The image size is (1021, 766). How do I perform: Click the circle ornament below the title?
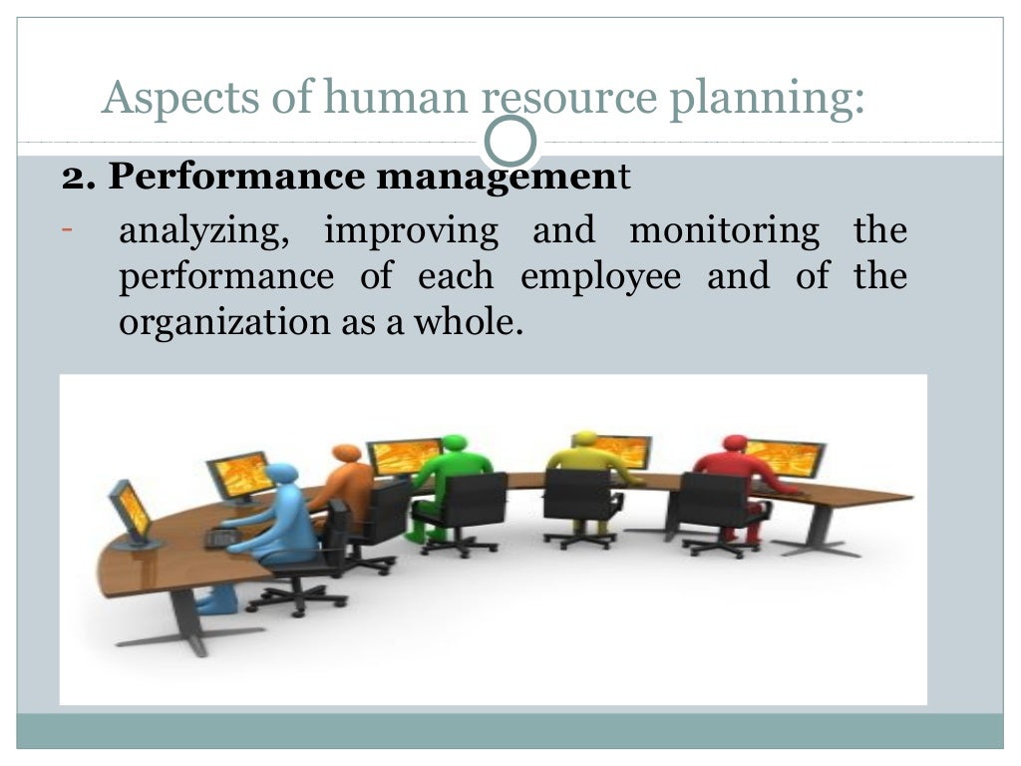pyautogui.click(x=510, y=142)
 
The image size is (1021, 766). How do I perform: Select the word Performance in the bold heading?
pyautogui.click(x=237, y=178)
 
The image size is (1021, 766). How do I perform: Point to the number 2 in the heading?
pyautogui.click(x=72, y=178)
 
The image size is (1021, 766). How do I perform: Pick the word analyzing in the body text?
pyautogui.click(x=204, y=231)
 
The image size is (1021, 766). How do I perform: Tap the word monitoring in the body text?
pyautogui.click(x=725, y=230)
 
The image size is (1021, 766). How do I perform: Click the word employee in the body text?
pyautogui.click(x=601, y=276)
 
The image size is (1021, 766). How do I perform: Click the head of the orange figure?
pyautogui.click(x=346, y=455)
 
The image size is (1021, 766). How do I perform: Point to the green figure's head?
pyautogui.click(x=454, y=443)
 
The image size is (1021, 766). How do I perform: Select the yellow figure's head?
pyautogui.click(x=585, y=440)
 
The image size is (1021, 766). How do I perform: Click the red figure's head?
pyautogui.click(x=735, y=443)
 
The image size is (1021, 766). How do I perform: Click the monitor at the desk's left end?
pyautogui.click(x=131, y=510)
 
